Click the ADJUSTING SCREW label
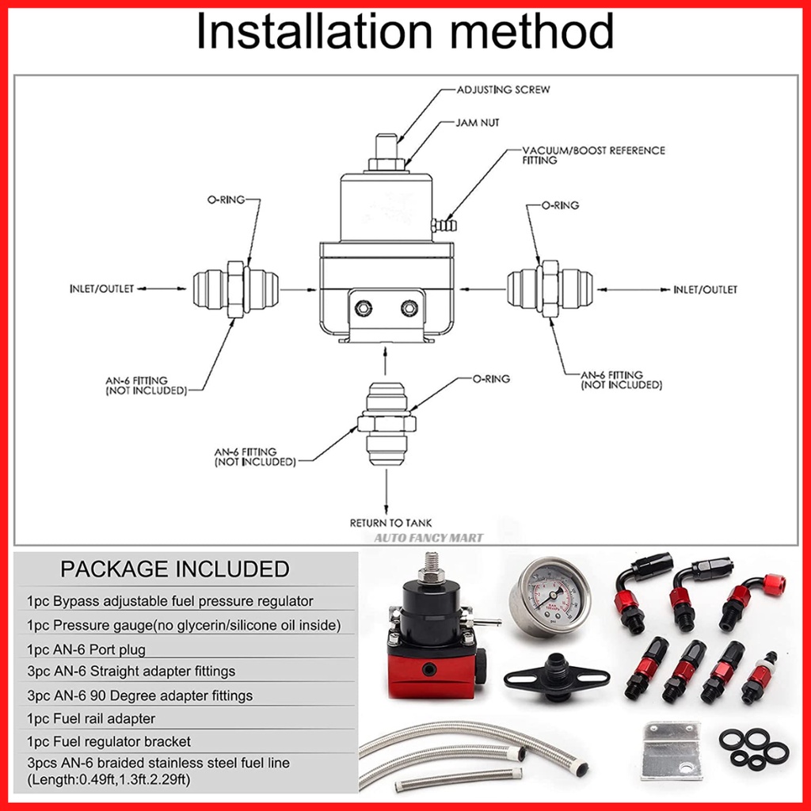click(503, 90)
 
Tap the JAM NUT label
click(478, 123)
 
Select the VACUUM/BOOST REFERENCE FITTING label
click(592, 154)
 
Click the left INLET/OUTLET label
click(101, 289)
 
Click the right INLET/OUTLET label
click(704, 290)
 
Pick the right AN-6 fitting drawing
click(549, 289)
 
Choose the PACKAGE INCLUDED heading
click(175, 569)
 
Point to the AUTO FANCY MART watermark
click(429, 538)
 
